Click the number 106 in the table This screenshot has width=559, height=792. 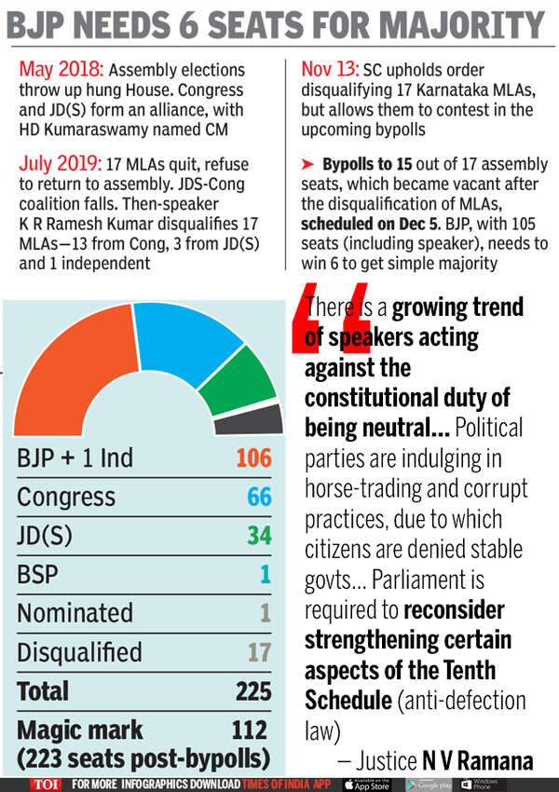[x=252, y=457]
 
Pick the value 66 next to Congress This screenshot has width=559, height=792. [x=259, y=497]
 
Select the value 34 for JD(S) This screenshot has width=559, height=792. [x=259, y=536]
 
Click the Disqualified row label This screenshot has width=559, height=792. [x=79, y=651]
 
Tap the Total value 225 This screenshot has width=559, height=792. [x=252, y=690]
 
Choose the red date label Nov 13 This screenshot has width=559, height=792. [x=332, y=71]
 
